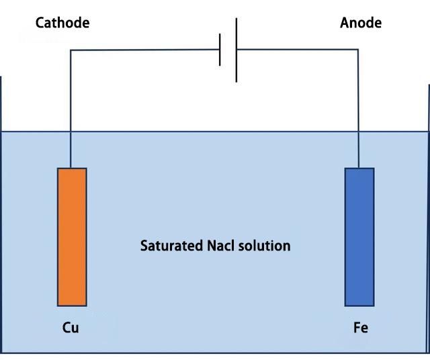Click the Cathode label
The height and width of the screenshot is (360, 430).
[x=62, y=22]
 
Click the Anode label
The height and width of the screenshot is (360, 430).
[x=361, y=22]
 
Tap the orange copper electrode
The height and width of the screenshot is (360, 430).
[x=72, y=237]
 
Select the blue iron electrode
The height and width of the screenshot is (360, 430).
[x=359, y=237]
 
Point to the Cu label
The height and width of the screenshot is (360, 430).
[x=71, y=327]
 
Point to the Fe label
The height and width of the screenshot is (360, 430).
[x=361, y=327]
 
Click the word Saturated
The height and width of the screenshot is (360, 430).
[x=172, y=246]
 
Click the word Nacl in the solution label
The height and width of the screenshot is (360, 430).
[x=221, y=246]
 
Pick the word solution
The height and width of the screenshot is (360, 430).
[x=264, y=246]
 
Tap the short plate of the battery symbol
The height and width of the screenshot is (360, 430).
[x=220, y=50]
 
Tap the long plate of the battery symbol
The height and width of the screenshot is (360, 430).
[x=236, y=50]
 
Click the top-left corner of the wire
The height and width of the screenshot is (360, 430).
[x=71, y=50]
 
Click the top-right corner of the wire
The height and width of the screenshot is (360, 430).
[x=358, y=50]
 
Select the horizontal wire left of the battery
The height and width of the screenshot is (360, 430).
[x=145, y=50]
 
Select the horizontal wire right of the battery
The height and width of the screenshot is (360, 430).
[x=298, y=50]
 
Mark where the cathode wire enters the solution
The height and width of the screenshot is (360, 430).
[x=71, y=132]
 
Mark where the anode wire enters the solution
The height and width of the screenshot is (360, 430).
[x=358, y=132]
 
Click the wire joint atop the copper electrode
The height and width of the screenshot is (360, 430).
[x=71, y=168]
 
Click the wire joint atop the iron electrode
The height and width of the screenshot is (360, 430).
[x=358, y=168]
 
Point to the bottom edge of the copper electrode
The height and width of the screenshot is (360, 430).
[x=72, y=306]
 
